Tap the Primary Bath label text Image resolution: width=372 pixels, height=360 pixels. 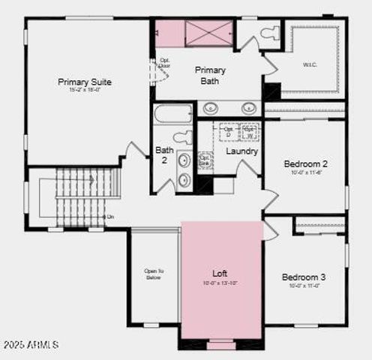pyautogui.click(x=211, y=75)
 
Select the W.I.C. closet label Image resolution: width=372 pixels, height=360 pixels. pyautogui.click(x=310, y=64)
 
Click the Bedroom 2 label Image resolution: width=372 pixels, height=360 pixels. pyautogui.click(x=305, y=163)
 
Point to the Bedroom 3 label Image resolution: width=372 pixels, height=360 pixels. pyautogui.click(x=304, y=277)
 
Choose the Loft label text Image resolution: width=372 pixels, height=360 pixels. pyautogui.click(x=220, y=274)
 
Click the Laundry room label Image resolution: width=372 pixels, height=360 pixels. pyautogui.click(x=242, y=151)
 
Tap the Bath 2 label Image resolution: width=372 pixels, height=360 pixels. pyautogui.click(x=164, y=155)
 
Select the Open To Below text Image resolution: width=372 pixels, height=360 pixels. pyautogui.click(x=154, y=274)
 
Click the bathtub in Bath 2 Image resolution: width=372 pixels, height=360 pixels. pyautogui.click(x=174, y=115)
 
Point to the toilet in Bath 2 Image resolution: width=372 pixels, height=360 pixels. pyautogui.click(x=182, y=137)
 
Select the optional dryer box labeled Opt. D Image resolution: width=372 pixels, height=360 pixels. pyautogui.click(x=228, y=132)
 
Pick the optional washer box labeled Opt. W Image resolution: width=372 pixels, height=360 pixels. pyautogui.click(x=249, y=132)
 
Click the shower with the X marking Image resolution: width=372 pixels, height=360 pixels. pyautogui.click(x=209, y=34)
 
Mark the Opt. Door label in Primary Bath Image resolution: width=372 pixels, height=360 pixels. pyautogui.click(x=164, y=63)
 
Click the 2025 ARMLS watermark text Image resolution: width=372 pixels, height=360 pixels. pyautogui.click(x=31, y=344)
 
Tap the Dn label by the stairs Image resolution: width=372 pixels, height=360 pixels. pyautogui.click(x=110, y=217)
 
